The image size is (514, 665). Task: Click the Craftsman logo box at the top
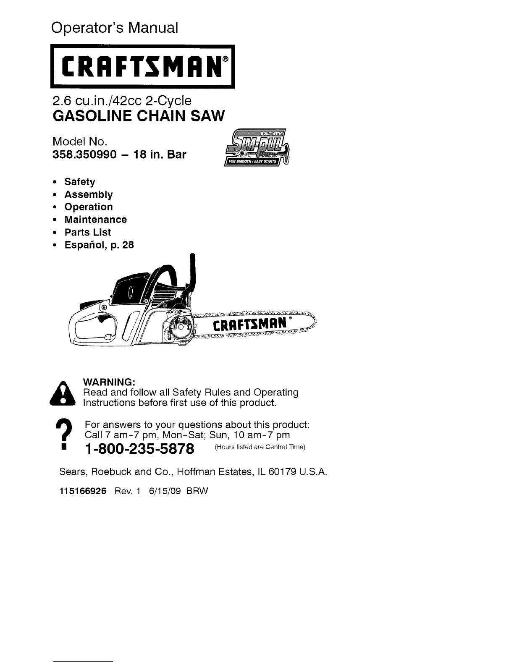(142, 67)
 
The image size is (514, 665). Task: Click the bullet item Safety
(79, 182)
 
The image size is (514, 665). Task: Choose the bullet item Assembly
(88, 194)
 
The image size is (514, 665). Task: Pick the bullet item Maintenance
(95, 220)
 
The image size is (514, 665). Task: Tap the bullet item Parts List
(87, 232)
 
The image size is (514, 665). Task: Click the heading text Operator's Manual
(115, 28)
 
